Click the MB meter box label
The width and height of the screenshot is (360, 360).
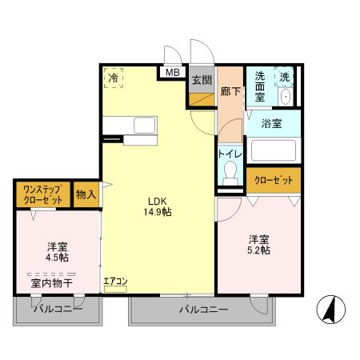172,72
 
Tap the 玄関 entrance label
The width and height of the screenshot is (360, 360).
201,80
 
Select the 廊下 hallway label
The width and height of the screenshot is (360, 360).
230,91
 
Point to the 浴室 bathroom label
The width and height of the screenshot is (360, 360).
271,124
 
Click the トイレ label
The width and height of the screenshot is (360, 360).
230,152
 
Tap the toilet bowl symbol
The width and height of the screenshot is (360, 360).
231,171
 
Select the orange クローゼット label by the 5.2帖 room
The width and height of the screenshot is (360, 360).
273,181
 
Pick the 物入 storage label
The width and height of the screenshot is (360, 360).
86,194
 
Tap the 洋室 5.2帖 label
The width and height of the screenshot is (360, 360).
258,244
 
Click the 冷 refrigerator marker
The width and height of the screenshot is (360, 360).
114,77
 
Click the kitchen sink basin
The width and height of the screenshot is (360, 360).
145,125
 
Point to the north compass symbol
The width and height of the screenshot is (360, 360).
330,308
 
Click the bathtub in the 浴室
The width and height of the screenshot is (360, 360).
271,150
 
